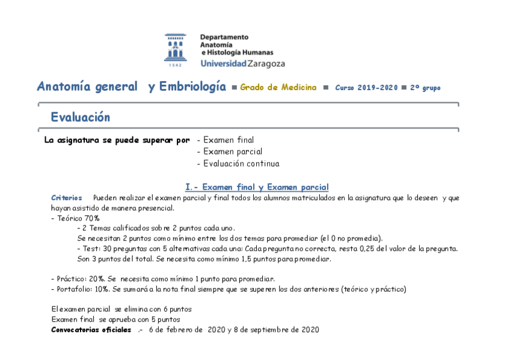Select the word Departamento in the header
click(x=224, y=37)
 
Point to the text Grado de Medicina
click(x=278, y=88)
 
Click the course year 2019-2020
click(x=378, y=88)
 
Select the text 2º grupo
click(x=425, y=88)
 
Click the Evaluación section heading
click(x=80, y=117)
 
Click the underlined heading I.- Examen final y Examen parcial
click(x=257, y=187)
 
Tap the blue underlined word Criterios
click(x=66, y=198)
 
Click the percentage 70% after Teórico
click(x=92, y=218)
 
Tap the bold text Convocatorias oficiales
click(x=91, y=330)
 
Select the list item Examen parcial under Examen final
click(x=233, y=151)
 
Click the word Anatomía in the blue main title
click(x=64, y=87)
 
